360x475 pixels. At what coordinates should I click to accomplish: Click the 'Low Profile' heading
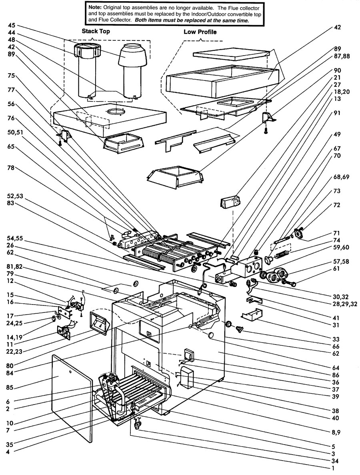200,32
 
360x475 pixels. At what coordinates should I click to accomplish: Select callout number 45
12,25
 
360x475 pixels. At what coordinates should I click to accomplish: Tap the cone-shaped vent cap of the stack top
132,54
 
